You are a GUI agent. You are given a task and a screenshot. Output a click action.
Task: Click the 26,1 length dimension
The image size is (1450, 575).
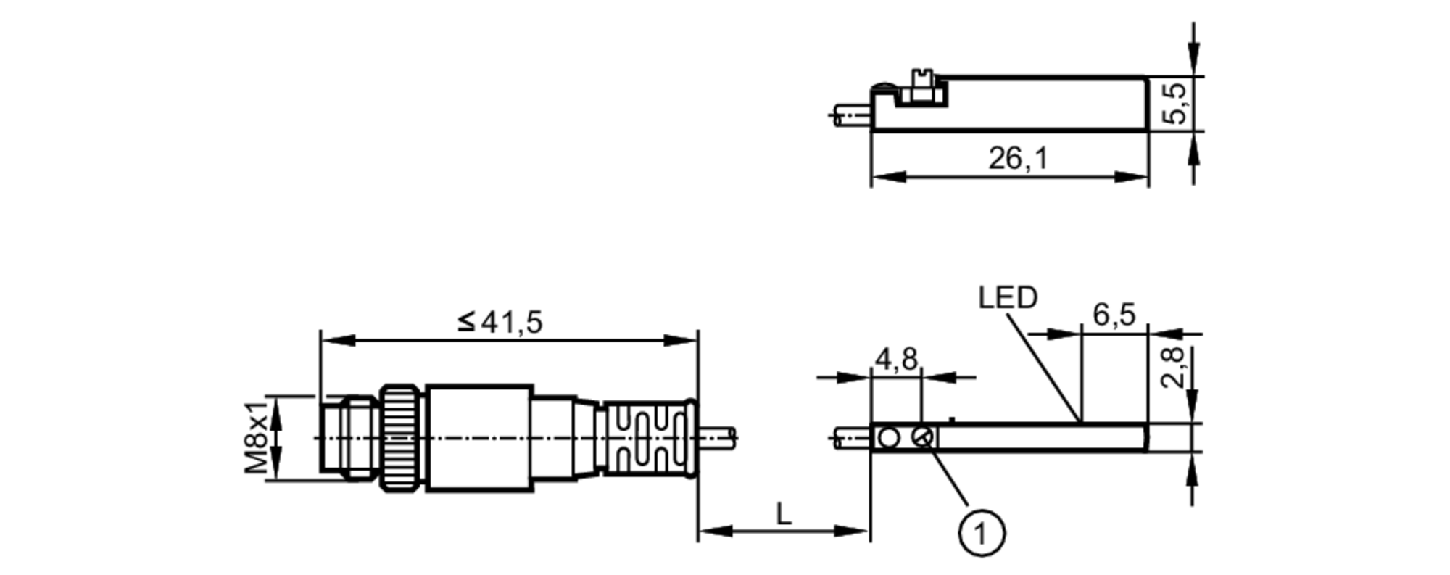tap(1018, 158)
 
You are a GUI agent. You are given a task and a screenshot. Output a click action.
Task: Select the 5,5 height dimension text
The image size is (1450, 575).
tap(1177, 103)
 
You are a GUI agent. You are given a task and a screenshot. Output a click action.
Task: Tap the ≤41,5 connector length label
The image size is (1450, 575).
tap(501, 322)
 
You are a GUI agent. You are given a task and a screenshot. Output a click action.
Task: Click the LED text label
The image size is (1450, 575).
tap(1007, 297)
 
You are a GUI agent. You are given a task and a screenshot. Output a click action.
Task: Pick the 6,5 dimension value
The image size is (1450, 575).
tap(1114, 315)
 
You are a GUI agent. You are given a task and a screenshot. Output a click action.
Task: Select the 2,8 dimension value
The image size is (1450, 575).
tap(1172, 367)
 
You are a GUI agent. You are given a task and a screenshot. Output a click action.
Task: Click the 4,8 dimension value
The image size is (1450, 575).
tap(896, 358)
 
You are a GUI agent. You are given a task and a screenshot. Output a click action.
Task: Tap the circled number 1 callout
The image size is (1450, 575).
tap(981, 534)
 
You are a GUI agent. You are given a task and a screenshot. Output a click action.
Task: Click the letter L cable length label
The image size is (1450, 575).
tap(784, 515)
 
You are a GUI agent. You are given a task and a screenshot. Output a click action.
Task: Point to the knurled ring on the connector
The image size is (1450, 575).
tap(402, 438)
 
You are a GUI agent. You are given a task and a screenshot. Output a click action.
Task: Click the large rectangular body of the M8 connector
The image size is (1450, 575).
tap(479, 438)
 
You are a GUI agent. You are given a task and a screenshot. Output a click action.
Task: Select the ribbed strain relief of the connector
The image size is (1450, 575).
tap(647, 438)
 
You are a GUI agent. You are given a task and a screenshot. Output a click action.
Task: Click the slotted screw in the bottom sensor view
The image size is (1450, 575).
tap(923, 437)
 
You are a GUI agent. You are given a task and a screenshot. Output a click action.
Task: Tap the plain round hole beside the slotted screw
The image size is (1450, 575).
tap(888, 437)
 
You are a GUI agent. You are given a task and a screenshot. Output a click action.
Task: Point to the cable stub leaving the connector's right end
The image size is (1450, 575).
tap(718, 437)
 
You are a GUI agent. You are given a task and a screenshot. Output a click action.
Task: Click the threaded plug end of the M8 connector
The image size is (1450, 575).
tap(348, 438)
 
